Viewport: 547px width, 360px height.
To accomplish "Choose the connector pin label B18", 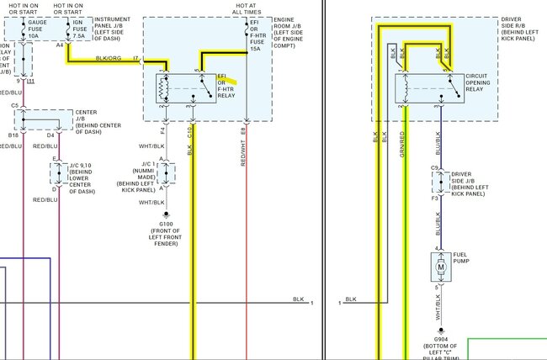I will tap(13, 135).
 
